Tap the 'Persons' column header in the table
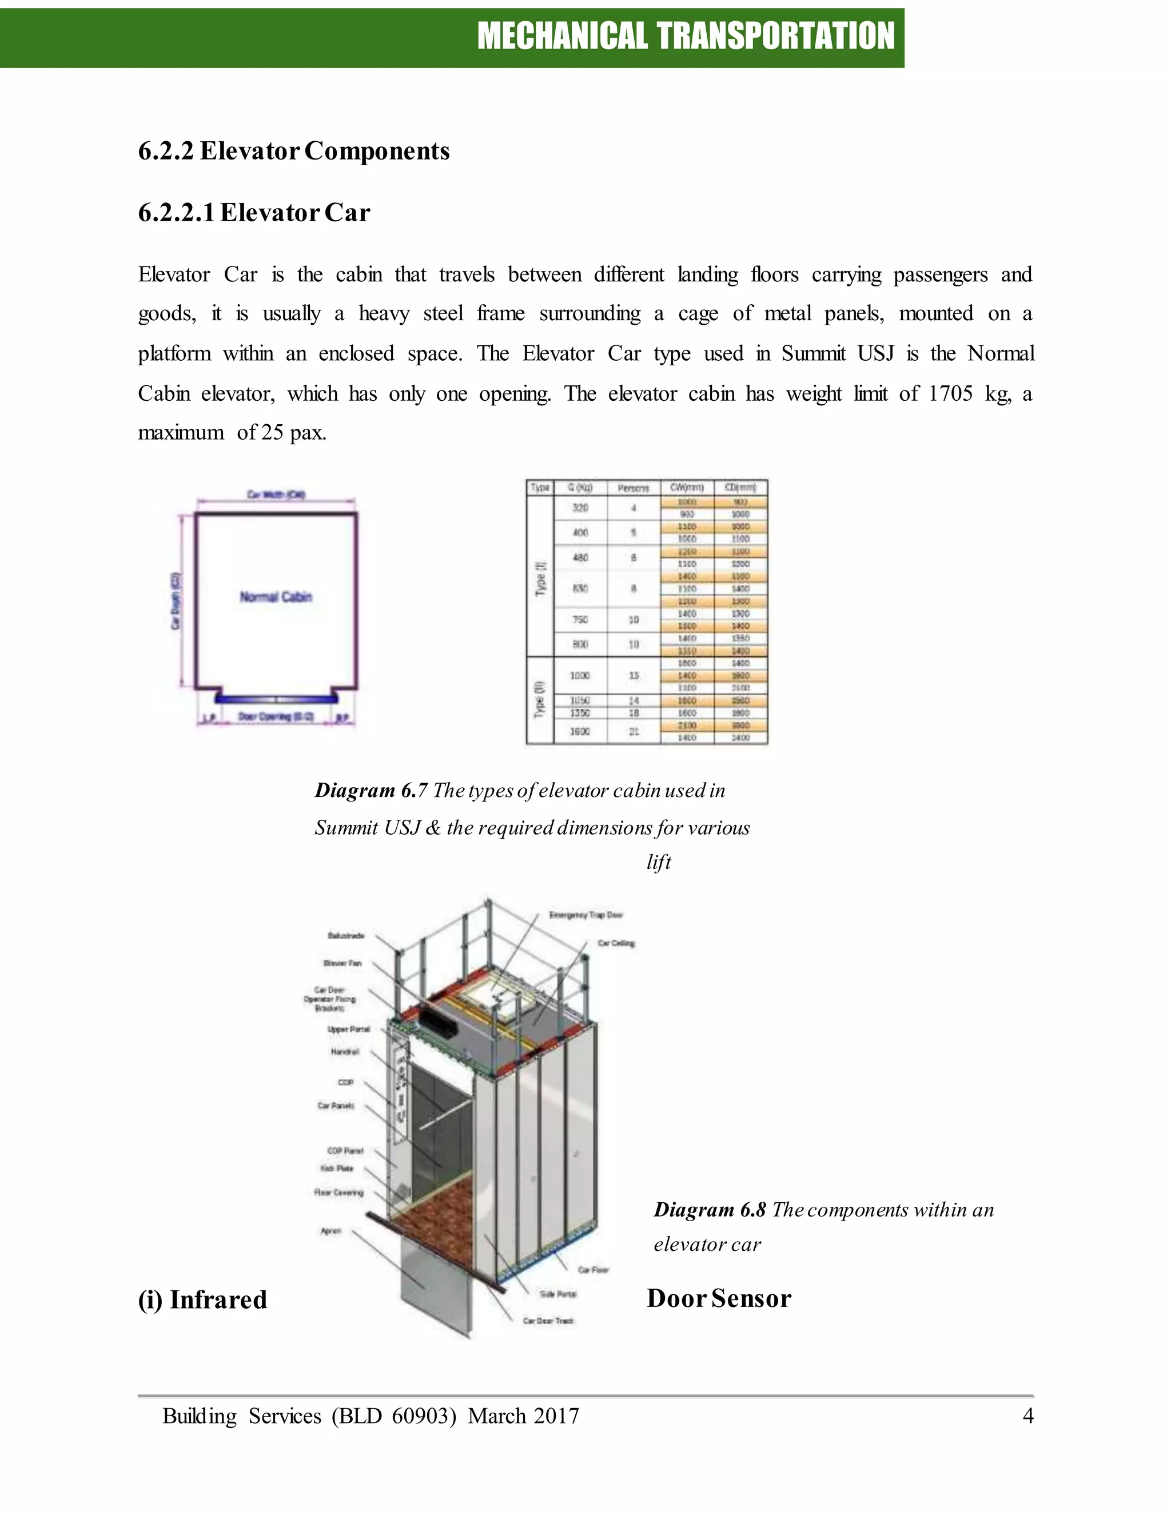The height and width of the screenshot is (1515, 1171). point(633,488)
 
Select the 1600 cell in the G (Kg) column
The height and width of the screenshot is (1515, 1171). point(580,731)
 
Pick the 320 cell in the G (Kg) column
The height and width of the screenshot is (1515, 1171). point(580,508)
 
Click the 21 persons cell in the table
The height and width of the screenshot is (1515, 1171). point(634,731)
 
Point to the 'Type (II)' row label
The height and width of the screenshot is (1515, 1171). point(540,700)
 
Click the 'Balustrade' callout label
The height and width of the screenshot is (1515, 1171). point(345,936)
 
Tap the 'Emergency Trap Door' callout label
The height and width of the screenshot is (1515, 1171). point(585,915)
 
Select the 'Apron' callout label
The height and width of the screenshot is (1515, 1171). point(331,1231)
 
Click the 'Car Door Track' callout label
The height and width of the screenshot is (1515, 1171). point(548,1321)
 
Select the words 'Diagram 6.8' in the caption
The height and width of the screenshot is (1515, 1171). point(709,1210)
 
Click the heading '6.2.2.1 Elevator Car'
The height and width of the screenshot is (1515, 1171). point(254,212)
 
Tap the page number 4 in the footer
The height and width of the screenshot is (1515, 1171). point(1027,1415)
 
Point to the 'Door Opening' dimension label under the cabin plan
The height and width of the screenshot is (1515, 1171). point(276,716)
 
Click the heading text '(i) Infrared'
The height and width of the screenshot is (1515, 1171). point(202,1299)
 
